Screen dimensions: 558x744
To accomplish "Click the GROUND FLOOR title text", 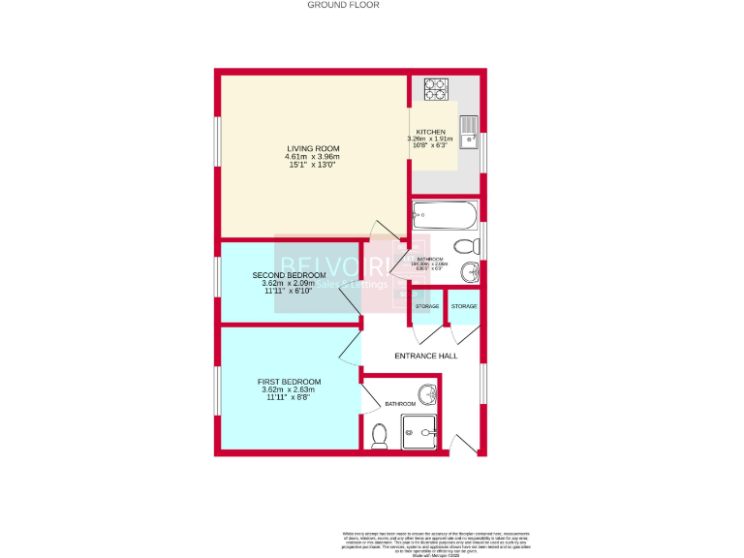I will coord(343,5).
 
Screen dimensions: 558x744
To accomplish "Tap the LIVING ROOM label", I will coord(312,148).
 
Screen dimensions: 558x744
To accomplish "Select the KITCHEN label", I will coord(430,132).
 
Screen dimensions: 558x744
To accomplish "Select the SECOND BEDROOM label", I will coord(289,275).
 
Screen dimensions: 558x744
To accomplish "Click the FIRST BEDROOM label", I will coord(289,382).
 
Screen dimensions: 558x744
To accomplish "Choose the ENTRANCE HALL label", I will coord(425,356).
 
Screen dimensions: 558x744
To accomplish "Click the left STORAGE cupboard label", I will coord(426,306).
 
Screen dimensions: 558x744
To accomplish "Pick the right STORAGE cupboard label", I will coord(463,306).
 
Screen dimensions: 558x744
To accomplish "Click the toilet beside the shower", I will coord(380,435).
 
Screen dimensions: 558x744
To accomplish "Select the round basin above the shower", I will coord(429,395).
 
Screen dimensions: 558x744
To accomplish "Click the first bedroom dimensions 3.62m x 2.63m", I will coord(289,390).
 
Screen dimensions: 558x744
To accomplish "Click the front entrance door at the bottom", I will coord(464,445).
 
